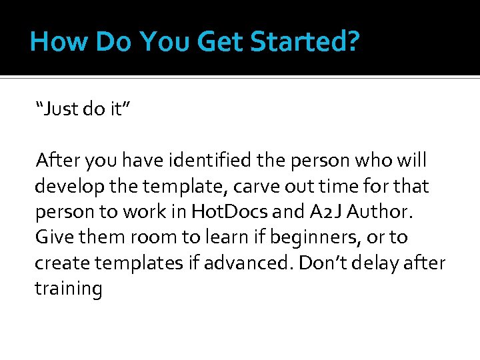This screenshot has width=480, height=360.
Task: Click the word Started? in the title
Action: coord(305,41)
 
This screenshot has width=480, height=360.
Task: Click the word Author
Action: coord(389,212)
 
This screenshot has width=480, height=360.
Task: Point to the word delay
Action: coord(381,263)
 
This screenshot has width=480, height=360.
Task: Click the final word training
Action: coord(68,289)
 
